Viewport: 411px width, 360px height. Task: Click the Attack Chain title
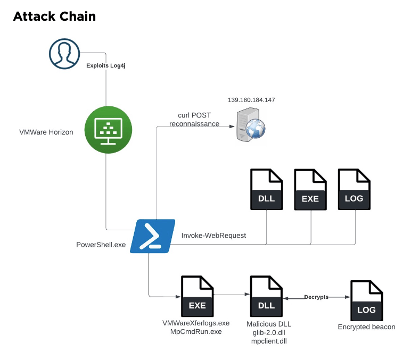tap(54, 16)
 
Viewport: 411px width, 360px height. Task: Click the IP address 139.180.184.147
tap(251, 100)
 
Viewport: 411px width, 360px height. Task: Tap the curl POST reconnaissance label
tap(194, 120)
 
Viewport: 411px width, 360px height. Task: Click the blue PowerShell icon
tap(153, 236)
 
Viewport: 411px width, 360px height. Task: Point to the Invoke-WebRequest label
tap(213, 235)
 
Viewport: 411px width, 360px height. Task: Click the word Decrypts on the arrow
tap(316, 297)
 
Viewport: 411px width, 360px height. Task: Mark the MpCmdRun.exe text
tap(195, 332)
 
